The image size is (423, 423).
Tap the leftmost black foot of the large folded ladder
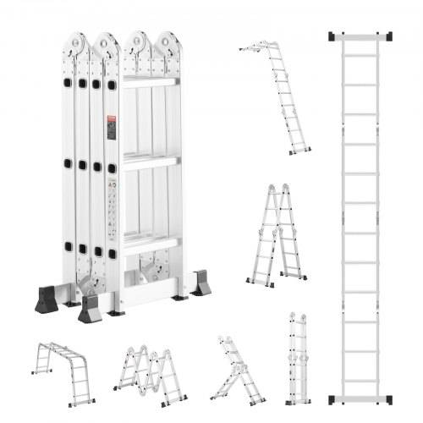(x=47, y=300)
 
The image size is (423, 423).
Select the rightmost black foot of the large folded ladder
(x=201, y=283)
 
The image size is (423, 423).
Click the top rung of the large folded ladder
(x=151, y=82)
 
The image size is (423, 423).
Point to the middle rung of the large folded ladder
(x=151, y=161)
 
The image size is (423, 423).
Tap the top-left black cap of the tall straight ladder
(x=333, y=37)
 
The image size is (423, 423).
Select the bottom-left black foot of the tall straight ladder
(x=333, y=398)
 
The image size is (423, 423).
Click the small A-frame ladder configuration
(x=277, y=233)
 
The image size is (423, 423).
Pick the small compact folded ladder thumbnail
(x=298, y=359)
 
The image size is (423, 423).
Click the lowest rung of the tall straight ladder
(x=360, y=381)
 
